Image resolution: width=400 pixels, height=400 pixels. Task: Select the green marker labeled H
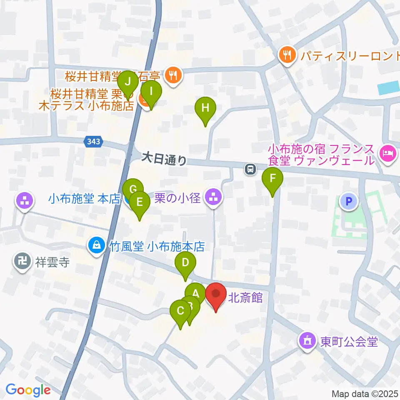(205, 108)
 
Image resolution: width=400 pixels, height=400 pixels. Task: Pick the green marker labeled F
(272, 179)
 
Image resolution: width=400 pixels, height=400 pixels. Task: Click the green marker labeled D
(185, 264)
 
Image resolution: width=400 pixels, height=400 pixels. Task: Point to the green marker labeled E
(140, 203)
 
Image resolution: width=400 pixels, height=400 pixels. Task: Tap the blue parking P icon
(349, 202)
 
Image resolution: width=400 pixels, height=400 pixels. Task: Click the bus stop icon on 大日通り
(250, 169)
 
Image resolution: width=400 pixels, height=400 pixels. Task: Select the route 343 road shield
(93, 142)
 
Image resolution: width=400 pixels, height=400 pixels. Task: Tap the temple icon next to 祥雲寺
(21, 261)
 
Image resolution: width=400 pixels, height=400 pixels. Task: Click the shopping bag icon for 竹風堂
(96, 245)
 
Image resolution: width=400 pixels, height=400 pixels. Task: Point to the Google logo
(28, 390)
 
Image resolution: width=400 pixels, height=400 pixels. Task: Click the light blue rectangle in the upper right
(388, 88)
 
